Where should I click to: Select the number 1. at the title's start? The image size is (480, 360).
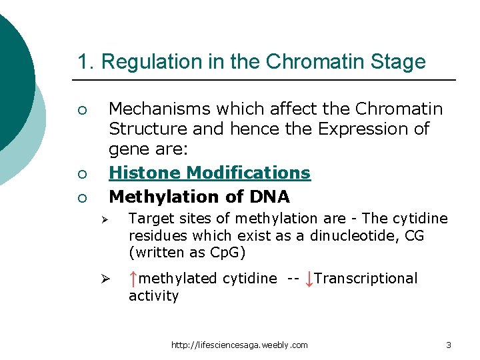[x=86, y=62]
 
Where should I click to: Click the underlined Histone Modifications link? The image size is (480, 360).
[x=209, y=173]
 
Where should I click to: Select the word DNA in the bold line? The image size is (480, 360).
[x=270, y=197]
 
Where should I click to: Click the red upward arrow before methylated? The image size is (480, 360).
[x=134, y=279]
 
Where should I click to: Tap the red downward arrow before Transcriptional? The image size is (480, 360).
[x=308, y=279]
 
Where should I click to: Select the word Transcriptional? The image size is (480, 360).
[x=366, y=279]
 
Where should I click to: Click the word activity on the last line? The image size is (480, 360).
[x=153, y=296]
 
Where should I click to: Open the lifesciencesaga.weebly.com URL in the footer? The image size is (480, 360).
[x=239, y=345]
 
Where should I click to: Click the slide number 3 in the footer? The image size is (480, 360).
[x=449, y=345]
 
